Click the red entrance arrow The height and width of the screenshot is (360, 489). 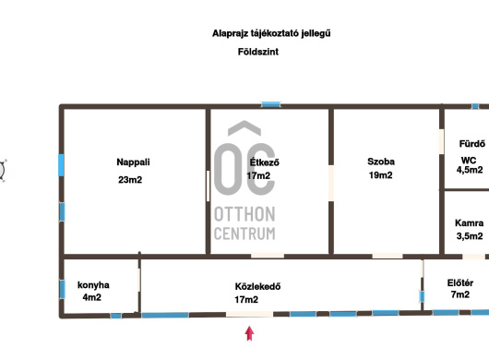click(x=249, y=333)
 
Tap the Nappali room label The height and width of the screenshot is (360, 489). click(x=133, y=162)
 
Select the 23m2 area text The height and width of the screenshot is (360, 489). click(x=130, y=180)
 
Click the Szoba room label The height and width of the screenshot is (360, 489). click(x=381, y=162)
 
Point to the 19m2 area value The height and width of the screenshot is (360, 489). click(x=380, y=175)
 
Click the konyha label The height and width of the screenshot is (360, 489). click(x=93, y=285)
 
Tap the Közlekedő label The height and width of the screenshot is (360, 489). click(x=257, y=286)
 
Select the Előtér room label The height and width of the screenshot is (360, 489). click(x=460, y=283)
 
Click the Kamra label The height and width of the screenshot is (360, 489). click(x=469, y=223)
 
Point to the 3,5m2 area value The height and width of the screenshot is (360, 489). click(x=470, y=236)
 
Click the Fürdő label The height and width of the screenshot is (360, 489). click(x=472, y=144)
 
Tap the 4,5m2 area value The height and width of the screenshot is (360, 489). click(x=470, y=170)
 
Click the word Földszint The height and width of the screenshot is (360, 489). click(x=258, y=52)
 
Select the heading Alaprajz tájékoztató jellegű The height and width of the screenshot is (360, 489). click(x=271, y=33)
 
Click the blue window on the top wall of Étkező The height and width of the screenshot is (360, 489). click(x=270, y=104)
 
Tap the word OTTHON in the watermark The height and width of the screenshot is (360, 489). click(x=244, y=214)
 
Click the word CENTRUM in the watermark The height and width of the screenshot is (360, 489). click(x=244, y=234)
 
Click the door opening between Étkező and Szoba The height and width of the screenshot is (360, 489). click(x=331, y=183)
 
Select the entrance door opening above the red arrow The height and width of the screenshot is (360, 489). click(x=249, y=314)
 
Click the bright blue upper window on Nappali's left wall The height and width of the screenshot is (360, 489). click(x=61, y=164)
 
